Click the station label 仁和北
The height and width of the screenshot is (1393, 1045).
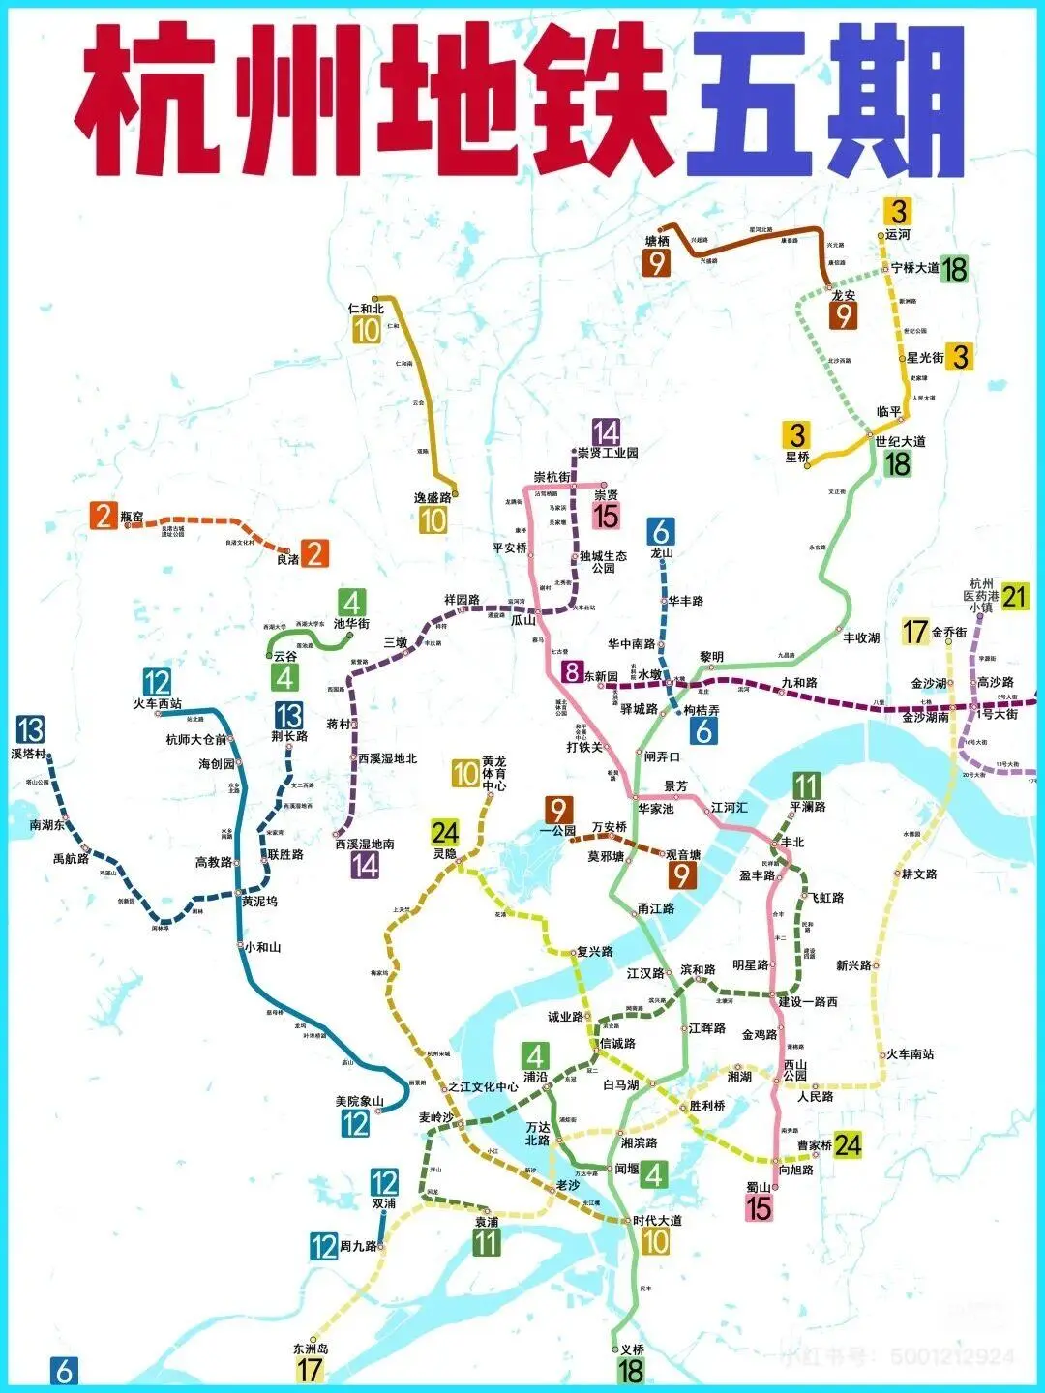pyautogui.click(x=366, y=309)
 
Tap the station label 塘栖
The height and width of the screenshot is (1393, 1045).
pyautogui.click(x=657, y=241)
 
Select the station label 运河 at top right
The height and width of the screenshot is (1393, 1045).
pyautogui.click(x=898, y=234)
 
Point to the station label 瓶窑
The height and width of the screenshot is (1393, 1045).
pyautogui.click(x=133, y=518)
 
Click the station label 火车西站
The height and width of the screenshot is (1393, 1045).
pyautogui.click(x=158, y=704)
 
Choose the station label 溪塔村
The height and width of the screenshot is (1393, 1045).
pyautogui.click(x=29, y=753)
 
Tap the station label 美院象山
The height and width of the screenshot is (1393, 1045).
pyautogui.click(x=359, y=1101)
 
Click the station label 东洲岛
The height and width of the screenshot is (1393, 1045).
pyautogui.click(x=311, y=1349)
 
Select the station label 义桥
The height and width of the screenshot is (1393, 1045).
pyautogui.click(x=632, y=1349)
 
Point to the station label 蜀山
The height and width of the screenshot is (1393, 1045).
pyautogui.click(x=758, y=1187)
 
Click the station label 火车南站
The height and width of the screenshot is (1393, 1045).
pyautogui.click(x=911, y=1053)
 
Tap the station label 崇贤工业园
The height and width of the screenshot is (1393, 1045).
pyautogui.click(x=608, y=452)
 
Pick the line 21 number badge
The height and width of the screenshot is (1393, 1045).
pyautogui.click(x=1014, y=596)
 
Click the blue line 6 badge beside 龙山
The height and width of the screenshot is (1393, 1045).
pyautogui.click(x=662, y=531)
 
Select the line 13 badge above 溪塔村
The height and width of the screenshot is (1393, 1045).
pyautogui.click(x=30, y=729)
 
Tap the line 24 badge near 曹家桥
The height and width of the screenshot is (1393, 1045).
pyautogui.click(x=848, y=1145)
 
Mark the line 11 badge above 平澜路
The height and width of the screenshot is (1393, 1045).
pyautogui.click(x=807, y=785)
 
